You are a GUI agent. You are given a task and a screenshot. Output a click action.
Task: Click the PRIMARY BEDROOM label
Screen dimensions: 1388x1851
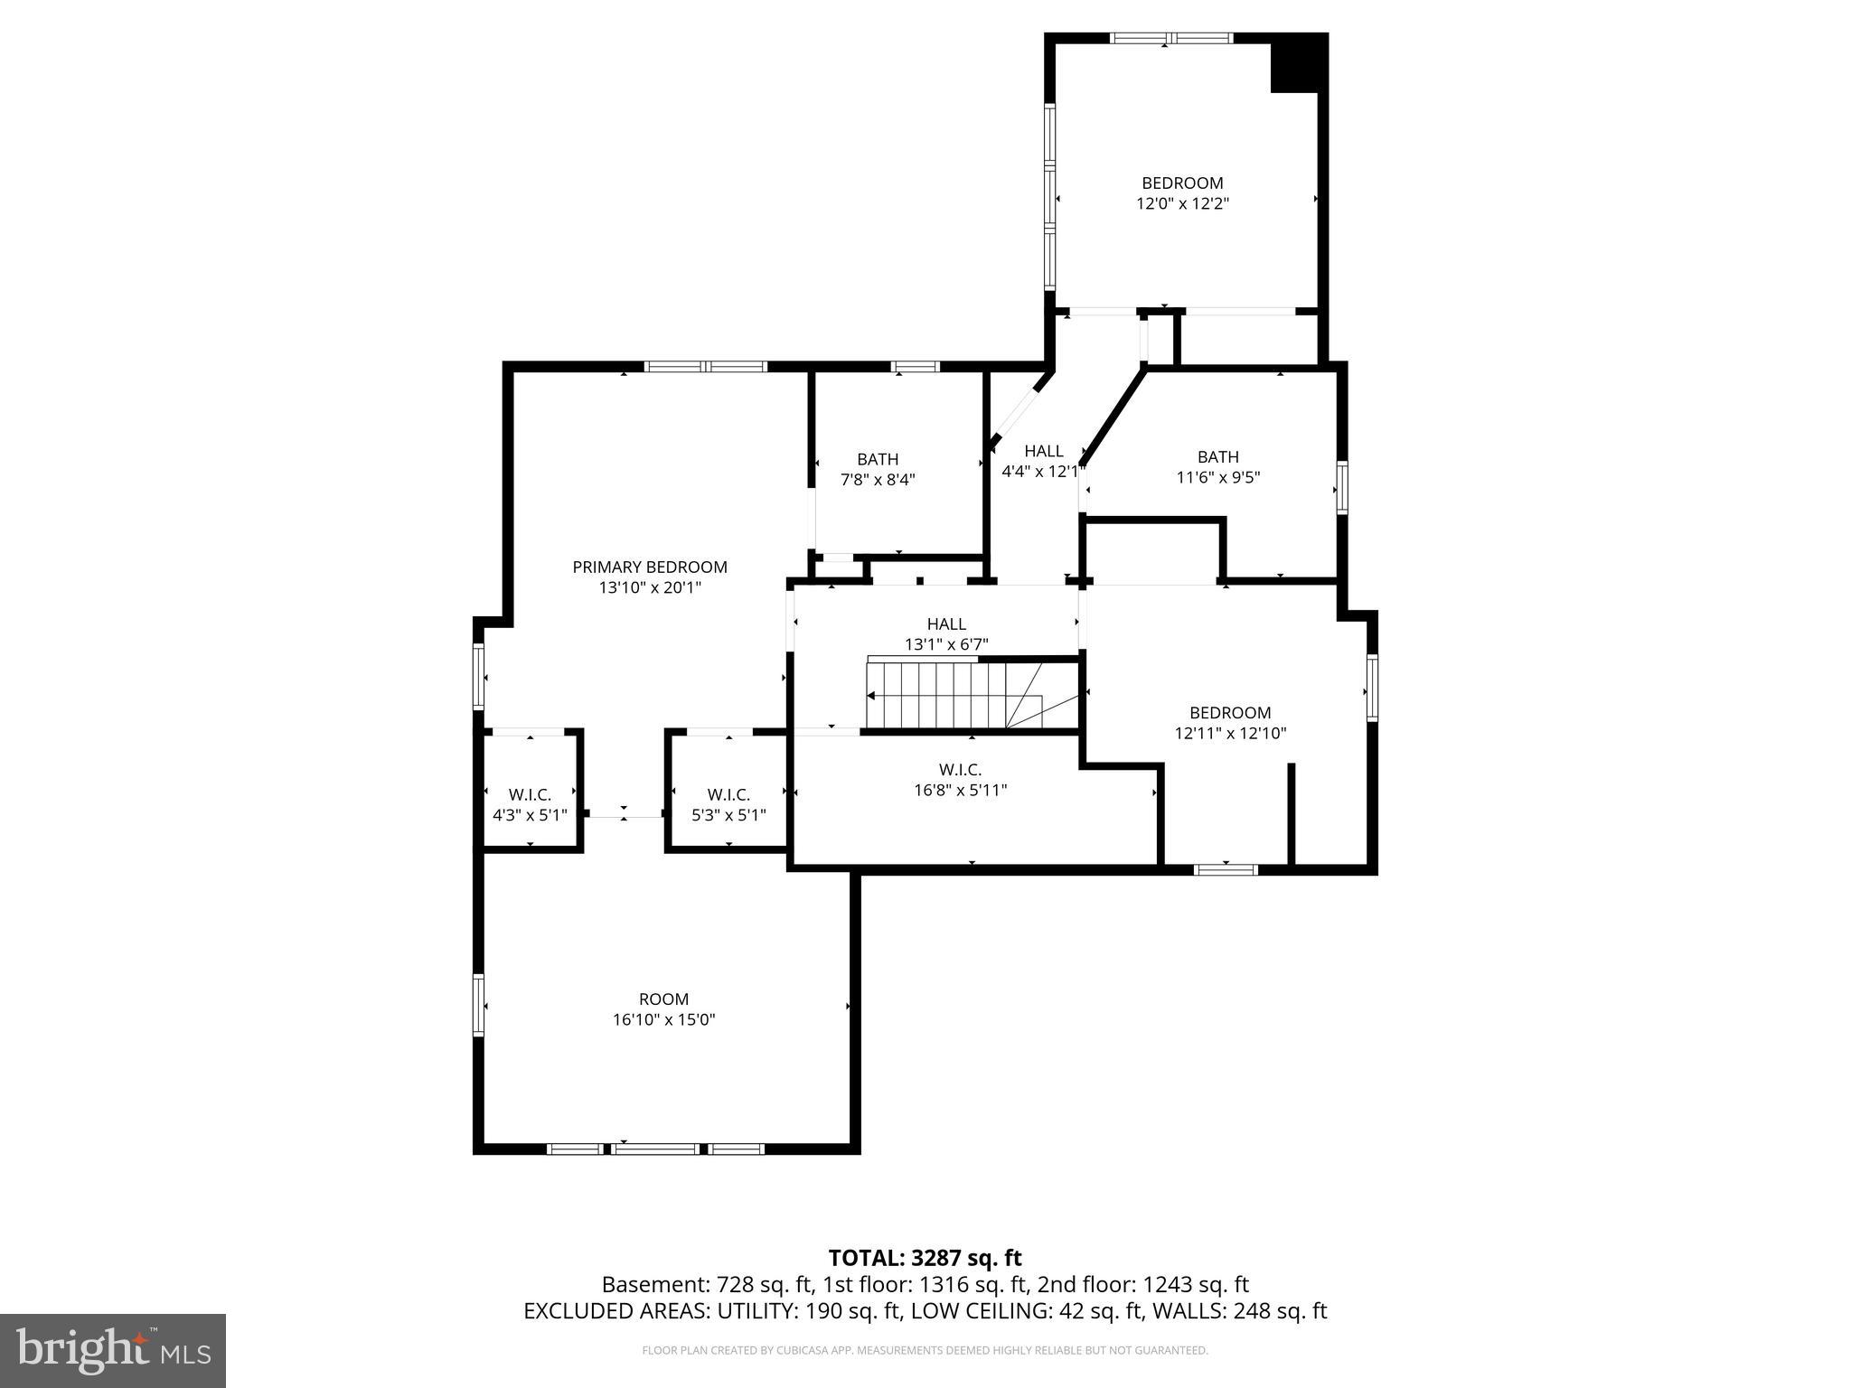[x=649, y=567]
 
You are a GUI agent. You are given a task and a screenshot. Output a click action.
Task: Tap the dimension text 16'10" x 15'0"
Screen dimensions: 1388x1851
[x=663, y=1019]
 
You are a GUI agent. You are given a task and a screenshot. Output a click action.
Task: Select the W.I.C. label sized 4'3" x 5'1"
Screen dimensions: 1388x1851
[x=530, y=794]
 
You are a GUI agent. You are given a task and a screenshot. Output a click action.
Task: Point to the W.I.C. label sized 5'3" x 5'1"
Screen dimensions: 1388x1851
[x=728, y=794]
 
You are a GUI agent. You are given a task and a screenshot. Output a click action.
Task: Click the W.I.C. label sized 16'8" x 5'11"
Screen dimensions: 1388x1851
[x=960, y=769]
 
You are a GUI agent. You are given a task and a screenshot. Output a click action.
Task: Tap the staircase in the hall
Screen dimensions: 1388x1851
[x=935, y=695]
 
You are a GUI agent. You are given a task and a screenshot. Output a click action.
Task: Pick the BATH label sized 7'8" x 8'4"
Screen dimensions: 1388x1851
[x=878, y=459]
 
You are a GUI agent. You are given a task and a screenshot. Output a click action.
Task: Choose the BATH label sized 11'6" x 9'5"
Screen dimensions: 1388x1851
[x=1217, y=456]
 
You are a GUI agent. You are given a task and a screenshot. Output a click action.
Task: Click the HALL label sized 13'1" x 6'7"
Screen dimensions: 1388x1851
[x=946, y=624]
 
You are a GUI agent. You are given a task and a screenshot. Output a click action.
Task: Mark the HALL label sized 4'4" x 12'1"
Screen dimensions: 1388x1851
[x=1043, y=451]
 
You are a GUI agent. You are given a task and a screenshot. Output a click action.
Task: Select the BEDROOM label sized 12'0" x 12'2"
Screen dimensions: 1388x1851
[x=1182, y=183]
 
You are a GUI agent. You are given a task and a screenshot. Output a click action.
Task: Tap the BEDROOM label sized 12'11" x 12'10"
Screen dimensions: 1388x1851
[x=1229, y=712]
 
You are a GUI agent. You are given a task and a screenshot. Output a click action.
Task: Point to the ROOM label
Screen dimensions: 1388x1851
[x=663, y=999]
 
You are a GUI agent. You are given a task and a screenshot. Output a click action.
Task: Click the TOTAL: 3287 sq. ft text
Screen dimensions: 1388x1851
[x=925, y=1258]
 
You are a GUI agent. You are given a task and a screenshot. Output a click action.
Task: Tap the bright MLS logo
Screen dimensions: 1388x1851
[x=113, y=1350]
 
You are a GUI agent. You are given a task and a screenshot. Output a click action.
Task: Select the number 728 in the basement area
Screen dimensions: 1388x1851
[x=733, y=1284]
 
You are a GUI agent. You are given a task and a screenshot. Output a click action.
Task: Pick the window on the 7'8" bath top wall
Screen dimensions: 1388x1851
[x=915, y=366]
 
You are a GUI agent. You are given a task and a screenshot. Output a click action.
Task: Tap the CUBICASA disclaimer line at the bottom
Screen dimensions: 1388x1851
[x=925, y=1350]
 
